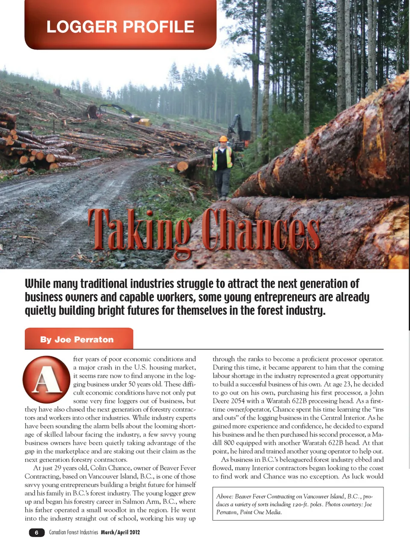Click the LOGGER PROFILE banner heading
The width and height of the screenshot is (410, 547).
pyautogui.click(x=120, y=26)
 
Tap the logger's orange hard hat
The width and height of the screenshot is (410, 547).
pyautogui.click(x=223, y=139)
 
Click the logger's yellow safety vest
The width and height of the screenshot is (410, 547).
pyautogui.click(x=223, y=158)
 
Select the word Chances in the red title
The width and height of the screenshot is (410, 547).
pyautogui.click(x=261, y=231)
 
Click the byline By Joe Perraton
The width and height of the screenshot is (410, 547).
pyautogui.click(x=77, y=340)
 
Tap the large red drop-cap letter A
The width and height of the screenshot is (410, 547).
pyautogui.click(x=46, y=379)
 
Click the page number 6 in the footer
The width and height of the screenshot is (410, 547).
pyautogui.click(x=37, y=532)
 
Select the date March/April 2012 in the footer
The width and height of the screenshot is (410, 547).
pyautogui.click(x=120, y=532)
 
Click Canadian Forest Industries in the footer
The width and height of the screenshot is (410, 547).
pyautogui.click(x=73, y=532)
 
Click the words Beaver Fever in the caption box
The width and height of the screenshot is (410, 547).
pyautogui.click(x=250, y=497)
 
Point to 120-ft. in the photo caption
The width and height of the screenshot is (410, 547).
pyautogui.click(x=297, y=504)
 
